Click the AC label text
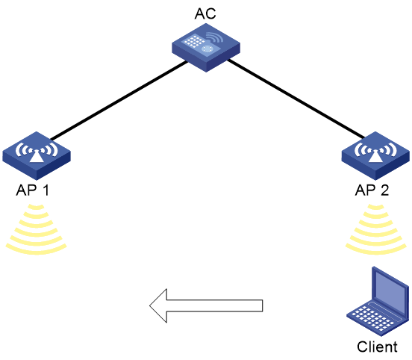click(x=205, y=13)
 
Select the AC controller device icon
click(x=206, y=48)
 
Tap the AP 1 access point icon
click(x=37, y=155)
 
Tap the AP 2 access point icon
click(x=375, y=155)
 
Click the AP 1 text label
click(x=33, y=190)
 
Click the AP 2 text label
click(x=372, y=190)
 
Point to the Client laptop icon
click(x=378, y=301)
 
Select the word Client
click(x=377, y=347)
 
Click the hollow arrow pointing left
click(x=206, y=305)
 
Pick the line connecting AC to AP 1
click(x=119, y=100)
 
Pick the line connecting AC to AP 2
click(x=296, y=99)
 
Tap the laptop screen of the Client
click(x=390, y=289)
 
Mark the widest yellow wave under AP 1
click(x=37, y=249)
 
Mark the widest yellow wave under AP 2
click(x=375, y=249)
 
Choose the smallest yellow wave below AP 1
click(x=37, y=207)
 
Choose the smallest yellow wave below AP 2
click(x=375, y=207)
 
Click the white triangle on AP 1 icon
click(x=37, y=157)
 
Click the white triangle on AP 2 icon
click(x=375, y=157)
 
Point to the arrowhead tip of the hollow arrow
click(x=150, y=305)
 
